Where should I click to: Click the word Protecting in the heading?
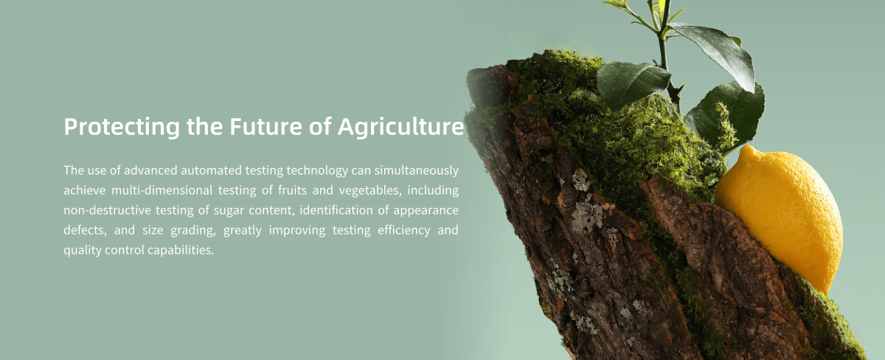pyautogui.click(x=122, y=127)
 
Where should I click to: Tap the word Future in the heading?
pyautogui.click(x=266, y=126)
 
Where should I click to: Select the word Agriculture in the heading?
pyautogui.click(x=400, y=127)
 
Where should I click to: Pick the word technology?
pyautogui.click(x=317, y=171)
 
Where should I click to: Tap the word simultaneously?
pyautogui.click(x=417, y=171)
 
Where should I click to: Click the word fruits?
pyautogui.click(x=292, y=190)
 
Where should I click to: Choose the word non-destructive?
pyautogui.click(x=107, y=210)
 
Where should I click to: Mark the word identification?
pyautogui.click(x=336, y=210)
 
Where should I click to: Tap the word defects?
pyautogui.click(x=85, y=230)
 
